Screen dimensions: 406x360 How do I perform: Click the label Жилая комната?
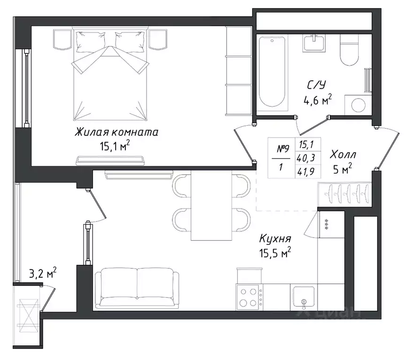point(117,132)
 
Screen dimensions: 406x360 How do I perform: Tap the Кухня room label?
point(275,238)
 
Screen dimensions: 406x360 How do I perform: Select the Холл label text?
point(343,155)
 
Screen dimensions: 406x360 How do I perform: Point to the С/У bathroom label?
point(316,85)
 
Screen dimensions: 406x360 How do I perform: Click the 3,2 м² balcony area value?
point(43,274)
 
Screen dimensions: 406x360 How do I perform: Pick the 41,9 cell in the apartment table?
point(306,172)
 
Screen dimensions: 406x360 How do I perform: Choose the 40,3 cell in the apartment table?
point(306,158)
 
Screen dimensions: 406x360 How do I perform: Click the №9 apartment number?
point(283,148)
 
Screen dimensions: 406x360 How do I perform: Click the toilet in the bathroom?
point(350,50)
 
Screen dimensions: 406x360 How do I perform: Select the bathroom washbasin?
point(314,43)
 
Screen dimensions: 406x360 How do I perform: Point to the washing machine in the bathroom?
point(358,105)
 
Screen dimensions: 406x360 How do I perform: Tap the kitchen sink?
point(304,297)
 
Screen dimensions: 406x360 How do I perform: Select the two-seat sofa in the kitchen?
point(137,288)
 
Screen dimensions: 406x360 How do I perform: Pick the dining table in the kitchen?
point(211,205)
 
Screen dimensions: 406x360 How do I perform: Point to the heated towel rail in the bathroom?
point(367,80)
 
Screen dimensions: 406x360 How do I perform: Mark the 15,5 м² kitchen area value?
point(275,253)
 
